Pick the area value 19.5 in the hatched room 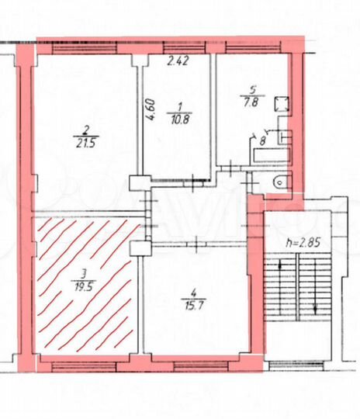coord(81,284)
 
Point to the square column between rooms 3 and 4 coord(140,248)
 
